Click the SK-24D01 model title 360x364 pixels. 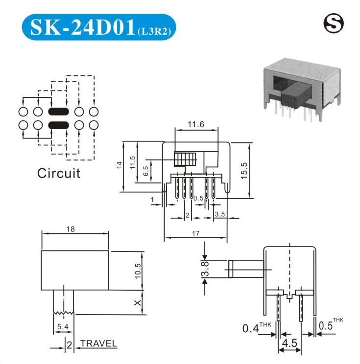[x=82, y=27]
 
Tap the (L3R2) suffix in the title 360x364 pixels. [x=154, y=31]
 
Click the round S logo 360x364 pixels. [x=334, y=23]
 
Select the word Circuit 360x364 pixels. [x=59, y=173]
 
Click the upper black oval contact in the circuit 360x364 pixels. [x=59, y=112]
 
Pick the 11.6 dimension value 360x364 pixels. [x=196, y=124]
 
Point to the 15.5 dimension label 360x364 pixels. [x=244, y=170]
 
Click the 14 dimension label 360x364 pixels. [x=119, y=165]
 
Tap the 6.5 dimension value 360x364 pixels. [x=146, y=171]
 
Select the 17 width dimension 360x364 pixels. [x=196, y=233]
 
